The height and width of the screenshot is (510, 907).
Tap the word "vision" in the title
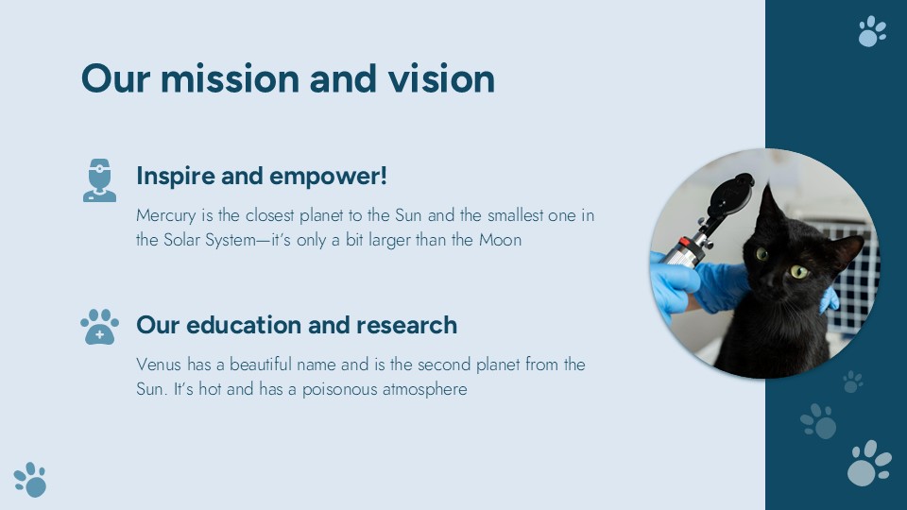pos(441,78)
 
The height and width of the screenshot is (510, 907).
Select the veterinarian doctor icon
pos(99,180)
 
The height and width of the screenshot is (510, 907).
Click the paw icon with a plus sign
pos(99,327)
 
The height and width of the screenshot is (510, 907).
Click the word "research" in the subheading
pos(406,325)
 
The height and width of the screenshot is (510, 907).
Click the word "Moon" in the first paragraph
pos(501,240)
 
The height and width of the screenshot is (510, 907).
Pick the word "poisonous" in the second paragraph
pos(339,390)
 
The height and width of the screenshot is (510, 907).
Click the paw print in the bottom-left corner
pos(30,480)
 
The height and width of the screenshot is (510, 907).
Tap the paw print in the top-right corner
pos(872,31)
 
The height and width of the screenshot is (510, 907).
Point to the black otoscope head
pos(730,195)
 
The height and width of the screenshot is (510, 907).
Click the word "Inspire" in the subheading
pos(176,177)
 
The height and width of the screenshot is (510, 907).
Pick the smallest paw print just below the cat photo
pos(852,382)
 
